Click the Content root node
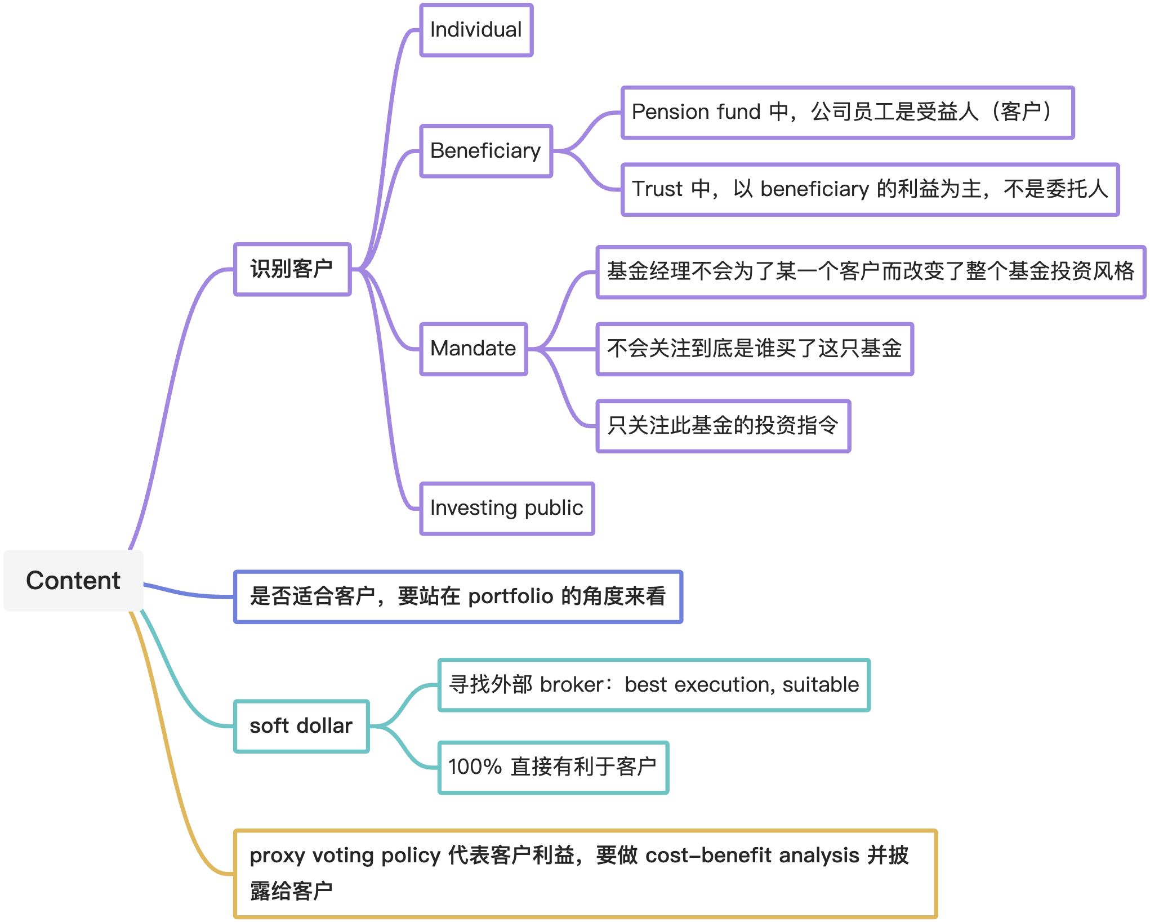click(73, 581)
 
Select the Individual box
click(476, 30)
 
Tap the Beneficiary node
click(485, 151)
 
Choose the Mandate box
click(473, 349)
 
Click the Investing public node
click(506, 508)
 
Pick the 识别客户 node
click(292, 269)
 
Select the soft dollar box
click(301, 726)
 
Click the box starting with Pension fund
click(847, 112)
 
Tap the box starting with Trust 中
click(870, 189)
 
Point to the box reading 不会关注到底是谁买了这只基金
click(754, 349)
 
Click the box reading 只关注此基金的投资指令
click(723, 426)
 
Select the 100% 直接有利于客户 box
click(553, 767)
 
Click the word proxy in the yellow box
click(277, 856)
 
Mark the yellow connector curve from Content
click(169, 760)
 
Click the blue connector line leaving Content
click(186, 593)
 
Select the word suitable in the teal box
click(821, 685)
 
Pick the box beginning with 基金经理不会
click(870, 271)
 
